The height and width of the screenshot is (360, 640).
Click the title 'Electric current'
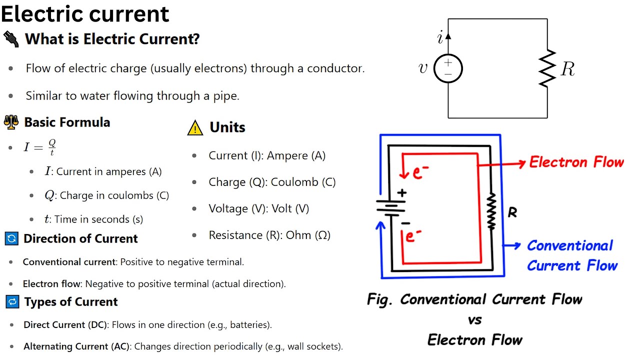pos(85,14)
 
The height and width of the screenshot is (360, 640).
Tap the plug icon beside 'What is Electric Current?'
pos(11,38)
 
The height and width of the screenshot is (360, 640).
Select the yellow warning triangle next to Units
pos(195,128)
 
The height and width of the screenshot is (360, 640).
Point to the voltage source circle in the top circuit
pos(447,68)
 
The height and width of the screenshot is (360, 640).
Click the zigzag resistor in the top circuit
pos(547,68)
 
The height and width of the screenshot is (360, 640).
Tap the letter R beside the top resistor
pos(568,69)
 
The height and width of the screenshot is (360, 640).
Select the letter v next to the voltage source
pos(423,68)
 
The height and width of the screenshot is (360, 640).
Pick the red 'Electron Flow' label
pos(576,162)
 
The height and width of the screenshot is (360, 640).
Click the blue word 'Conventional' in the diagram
pos(570,245)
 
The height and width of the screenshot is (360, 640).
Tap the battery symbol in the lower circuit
pos(390,207)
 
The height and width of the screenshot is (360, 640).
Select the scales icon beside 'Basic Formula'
pos(11,122)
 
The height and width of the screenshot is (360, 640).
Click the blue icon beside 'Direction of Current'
pos(11,238)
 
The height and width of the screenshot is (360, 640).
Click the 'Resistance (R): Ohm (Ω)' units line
pos(269,235)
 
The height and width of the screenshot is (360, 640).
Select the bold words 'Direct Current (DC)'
pos(65,324)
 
